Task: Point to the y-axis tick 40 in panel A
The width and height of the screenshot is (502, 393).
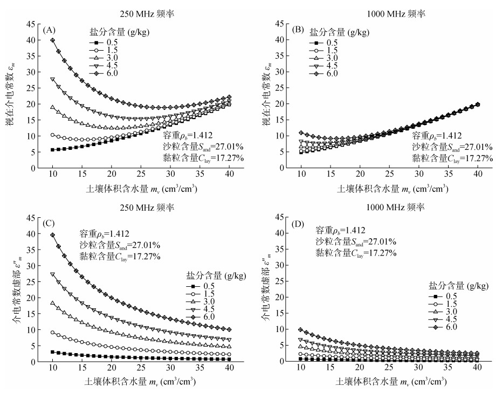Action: (31, 40)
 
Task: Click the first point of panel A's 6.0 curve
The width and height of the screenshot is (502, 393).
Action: (52, 40)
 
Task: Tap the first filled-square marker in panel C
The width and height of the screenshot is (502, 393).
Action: (52, 352)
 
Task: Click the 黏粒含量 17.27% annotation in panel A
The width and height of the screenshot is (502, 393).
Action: (203, 158)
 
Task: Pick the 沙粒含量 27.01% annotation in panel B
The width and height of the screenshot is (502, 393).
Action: (453, 147)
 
